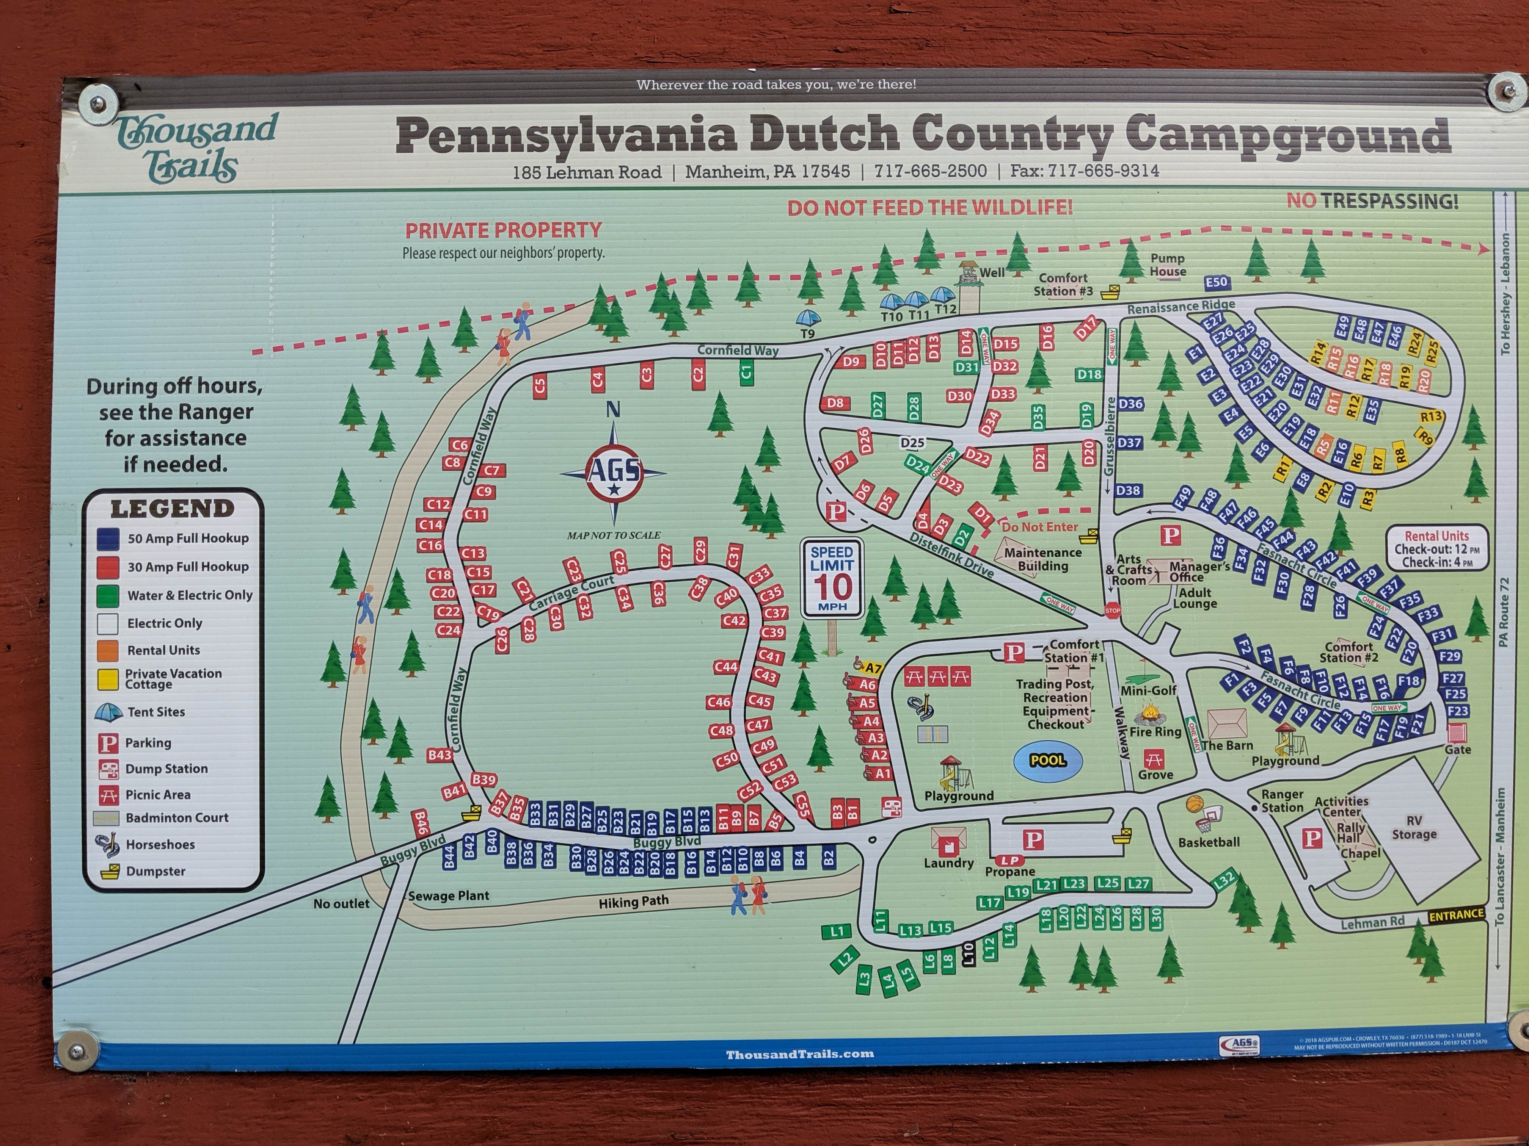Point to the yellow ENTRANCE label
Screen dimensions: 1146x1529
(x=1456, y=914)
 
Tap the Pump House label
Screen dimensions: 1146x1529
(x=1168, y=265)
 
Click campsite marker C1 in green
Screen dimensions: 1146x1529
(x=746, y=373)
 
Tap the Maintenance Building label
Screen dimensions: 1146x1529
(x=1042, y=559)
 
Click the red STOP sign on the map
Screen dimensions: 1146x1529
(x=1112, y=611)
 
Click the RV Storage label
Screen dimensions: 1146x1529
(x=1414, y=827)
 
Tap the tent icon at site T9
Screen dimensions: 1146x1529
(x=808, y=318)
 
